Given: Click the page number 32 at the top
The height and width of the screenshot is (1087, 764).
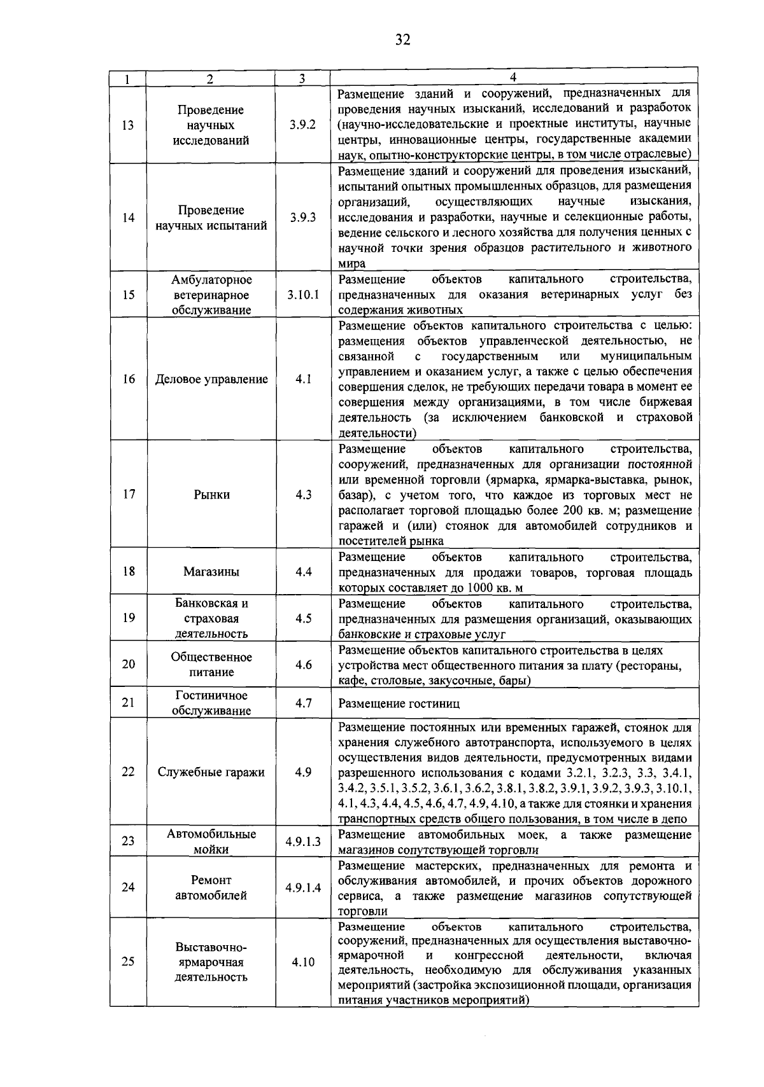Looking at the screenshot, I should click(x=402, y=40).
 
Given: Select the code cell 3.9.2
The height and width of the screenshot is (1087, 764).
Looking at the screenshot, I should click(x=302, y=125).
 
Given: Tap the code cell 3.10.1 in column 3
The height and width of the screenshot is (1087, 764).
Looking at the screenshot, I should click(x=302, y=295).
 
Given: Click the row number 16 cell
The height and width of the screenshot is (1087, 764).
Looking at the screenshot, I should click(x=129, y=379).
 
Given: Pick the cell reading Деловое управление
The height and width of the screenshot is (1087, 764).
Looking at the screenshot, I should click(x=211, y=380).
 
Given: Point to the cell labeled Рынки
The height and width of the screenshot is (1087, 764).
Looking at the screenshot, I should click(x=211, y=495).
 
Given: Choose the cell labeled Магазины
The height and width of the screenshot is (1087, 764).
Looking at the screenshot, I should click(x=211, y=572).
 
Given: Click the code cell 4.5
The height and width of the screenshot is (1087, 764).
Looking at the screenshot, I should click(x=303, y=618).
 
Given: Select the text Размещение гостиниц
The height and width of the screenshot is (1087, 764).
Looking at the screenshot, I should click(x=399, y=703).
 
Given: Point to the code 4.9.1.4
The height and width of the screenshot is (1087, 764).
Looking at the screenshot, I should click(x=303, y=888).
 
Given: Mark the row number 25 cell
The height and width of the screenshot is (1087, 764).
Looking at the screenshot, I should click(x=128, y=962).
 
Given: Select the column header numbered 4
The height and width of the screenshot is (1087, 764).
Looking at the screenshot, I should click(x=514, y=77).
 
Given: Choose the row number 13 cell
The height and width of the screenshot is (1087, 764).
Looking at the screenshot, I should click(x=128, y=125).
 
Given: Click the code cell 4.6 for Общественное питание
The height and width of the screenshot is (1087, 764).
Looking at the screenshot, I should click(x=303, y=665).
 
